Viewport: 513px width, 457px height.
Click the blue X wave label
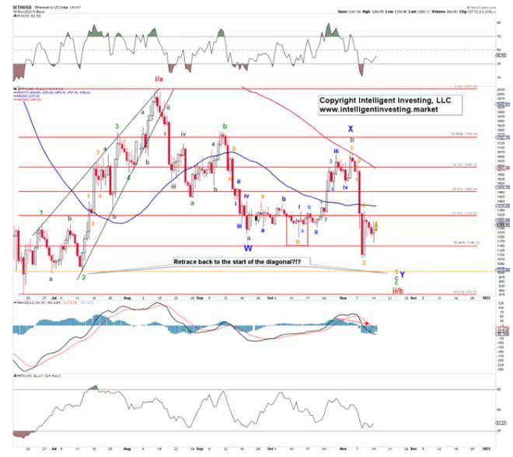(351, 129)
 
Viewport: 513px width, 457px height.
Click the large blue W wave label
(248, 248)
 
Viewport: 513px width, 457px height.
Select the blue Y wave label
(403, 274)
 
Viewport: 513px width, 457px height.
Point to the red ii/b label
(397, 290)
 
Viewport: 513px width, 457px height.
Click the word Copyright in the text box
(340, 101)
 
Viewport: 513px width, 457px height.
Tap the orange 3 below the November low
(364, 262)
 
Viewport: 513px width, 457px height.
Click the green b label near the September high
(225, 125)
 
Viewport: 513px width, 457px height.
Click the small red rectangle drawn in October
(300, 231)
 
